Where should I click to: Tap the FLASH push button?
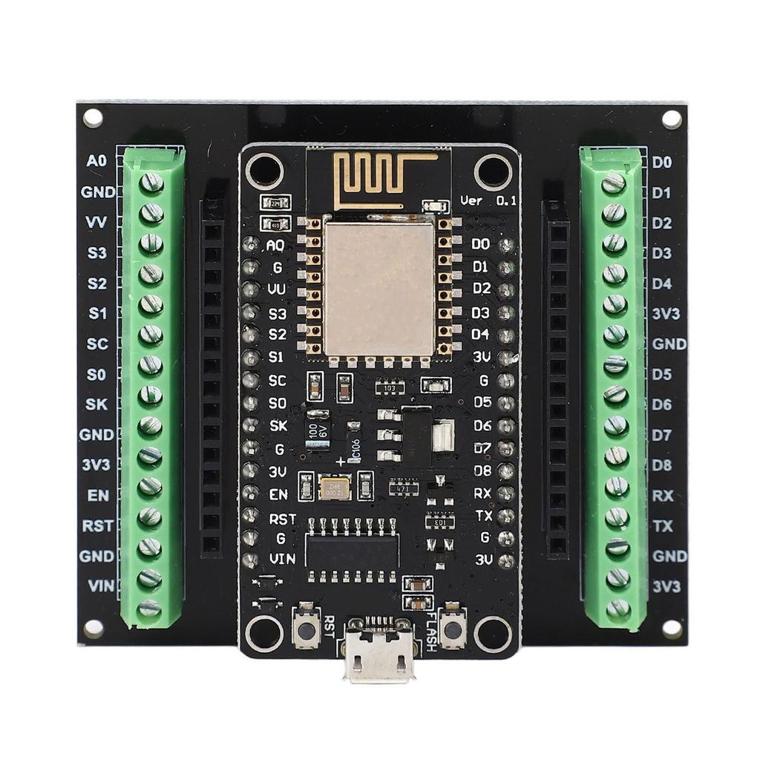click(452, 627)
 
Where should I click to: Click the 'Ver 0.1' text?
click(488, 200)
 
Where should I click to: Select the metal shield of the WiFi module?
click(379, 288)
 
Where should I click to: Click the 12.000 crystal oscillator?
click(334, 487)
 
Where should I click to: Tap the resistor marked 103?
click(390, 387)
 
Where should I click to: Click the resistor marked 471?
click(403, 488)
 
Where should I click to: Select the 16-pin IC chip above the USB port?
click(352, 550)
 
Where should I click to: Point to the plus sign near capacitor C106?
click(341, 462)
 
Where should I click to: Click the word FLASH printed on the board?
click(433, 631)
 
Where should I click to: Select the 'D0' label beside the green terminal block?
click(661, 162)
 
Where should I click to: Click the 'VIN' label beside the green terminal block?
click(101, 586)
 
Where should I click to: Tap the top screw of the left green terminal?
click(151, 182)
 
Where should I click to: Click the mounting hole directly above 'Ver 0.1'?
click(494, 171)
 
